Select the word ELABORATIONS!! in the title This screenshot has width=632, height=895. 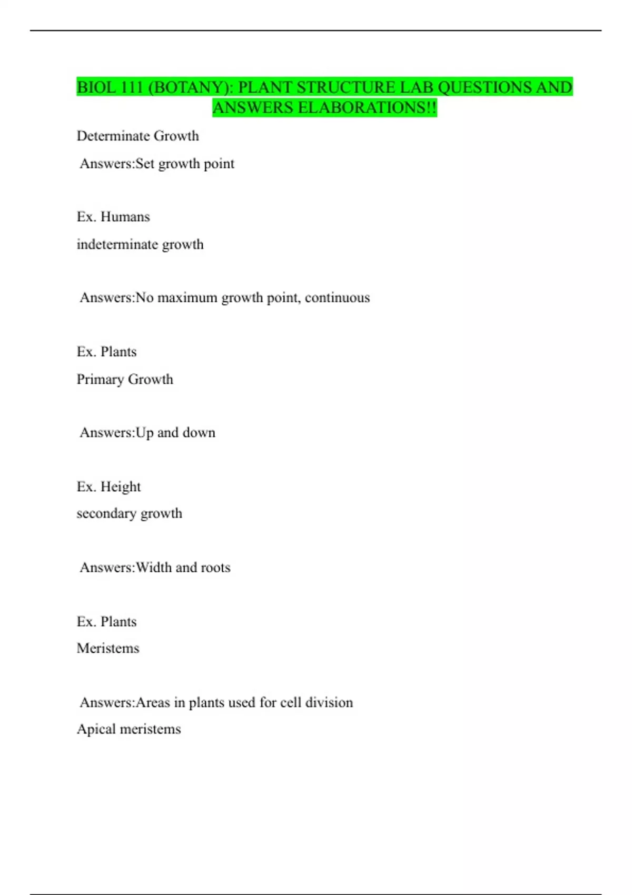pos(368,108)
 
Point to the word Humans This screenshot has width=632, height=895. pos(125,217)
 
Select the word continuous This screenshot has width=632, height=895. pos(337,298)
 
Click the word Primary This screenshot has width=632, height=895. pos(100,380)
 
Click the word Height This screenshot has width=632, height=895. pos(121,487)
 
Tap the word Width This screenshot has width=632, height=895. pos(153,568)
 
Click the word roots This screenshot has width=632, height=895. pos(215,568)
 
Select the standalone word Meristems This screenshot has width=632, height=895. pos(108,648)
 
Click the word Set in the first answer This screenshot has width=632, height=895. pos(145,164)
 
